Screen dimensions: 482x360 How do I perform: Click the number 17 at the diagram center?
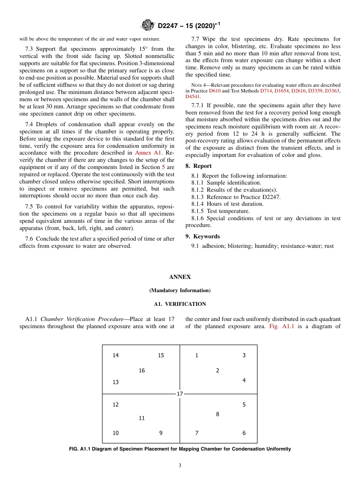tap(180, 394)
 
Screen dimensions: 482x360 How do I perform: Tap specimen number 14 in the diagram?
tap(116, 355)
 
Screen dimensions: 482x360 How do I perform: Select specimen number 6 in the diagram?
tap(244, 433)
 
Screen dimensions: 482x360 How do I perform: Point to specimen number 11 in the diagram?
tap(142, 418)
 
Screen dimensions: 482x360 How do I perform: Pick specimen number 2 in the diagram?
tap(218, 370)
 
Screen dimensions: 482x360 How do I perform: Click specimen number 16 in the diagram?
tap(142, 370)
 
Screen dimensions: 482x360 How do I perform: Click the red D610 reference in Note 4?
tap(214, 91)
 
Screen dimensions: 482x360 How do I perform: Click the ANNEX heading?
tap(180, 277)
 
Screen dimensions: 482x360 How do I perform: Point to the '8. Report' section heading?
tap(199, 166)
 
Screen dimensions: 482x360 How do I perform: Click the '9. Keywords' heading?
tap(202, 236)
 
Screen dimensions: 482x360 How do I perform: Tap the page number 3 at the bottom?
tap(180, 466)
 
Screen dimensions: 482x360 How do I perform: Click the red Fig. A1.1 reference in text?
tap(282, 326)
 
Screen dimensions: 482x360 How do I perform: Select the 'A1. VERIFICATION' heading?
tap(180, 304)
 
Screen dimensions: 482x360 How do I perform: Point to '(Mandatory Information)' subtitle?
tap(180, 291)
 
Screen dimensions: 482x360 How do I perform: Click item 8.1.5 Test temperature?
tap(221, 211)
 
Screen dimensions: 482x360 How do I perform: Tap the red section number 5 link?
tap(163, 167)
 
